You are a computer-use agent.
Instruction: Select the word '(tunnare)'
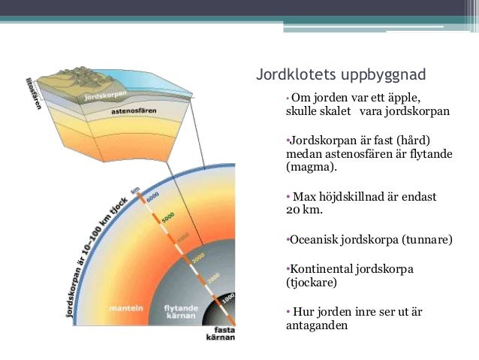point(426,240)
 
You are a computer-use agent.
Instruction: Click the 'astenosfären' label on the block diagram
point(133,110)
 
